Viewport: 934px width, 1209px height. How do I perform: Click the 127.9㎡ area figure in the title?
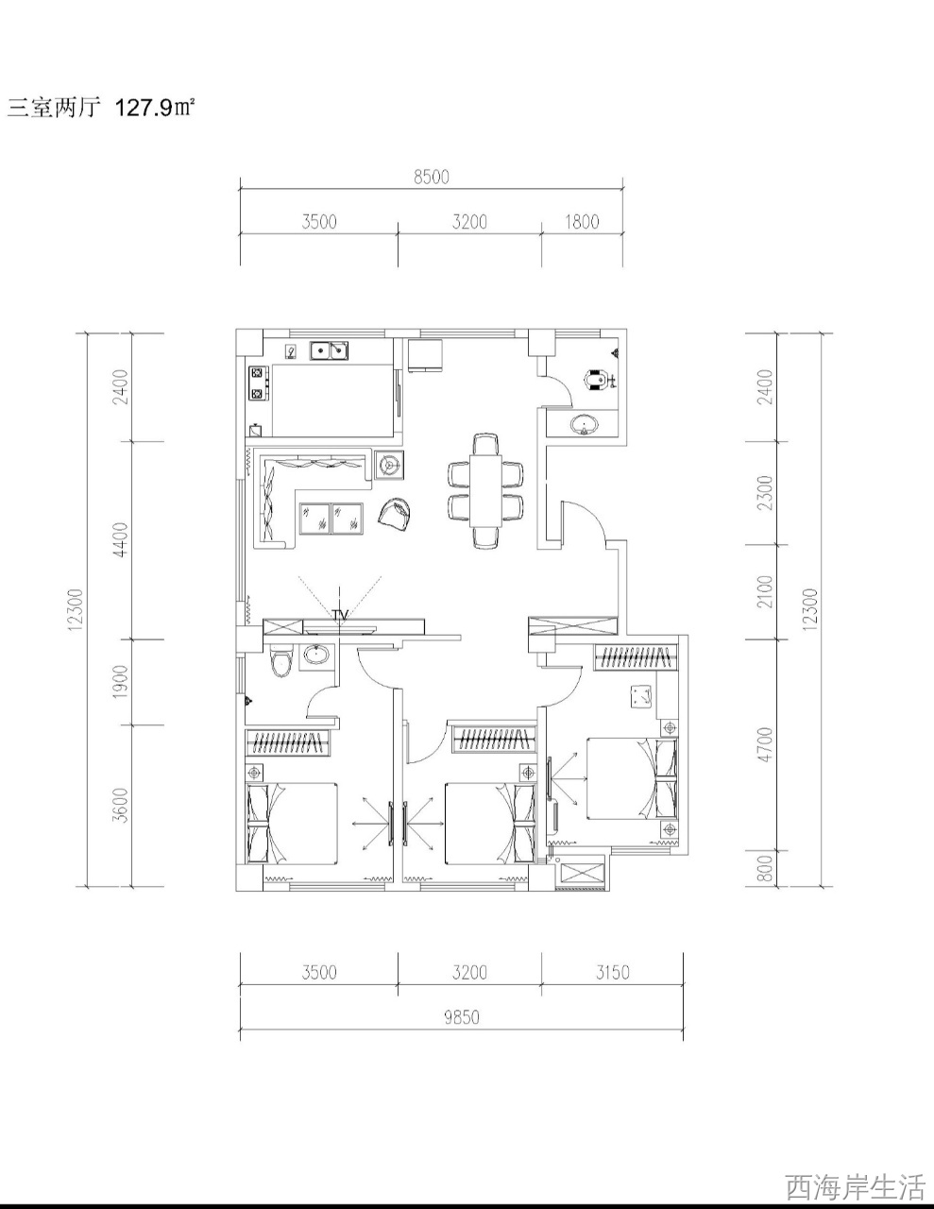click(155, 107)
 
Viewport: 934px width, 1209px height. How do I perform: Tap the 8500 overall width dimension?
click(432, 177)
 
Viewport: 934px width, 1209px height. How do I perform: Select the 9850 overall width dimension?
click(461, 1017)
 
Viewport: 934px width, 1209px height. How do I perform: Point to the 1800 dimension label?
click(582, 222)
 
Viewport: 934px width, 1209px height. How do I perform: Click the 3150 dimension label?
click(612, 973)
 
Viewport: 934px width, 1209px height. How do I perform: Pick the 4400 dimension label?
click(120, 539)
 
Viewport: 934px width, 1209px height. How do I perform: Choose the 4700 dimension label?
click(766, 744)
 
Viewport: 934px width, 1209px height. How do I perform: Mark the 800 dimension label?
click(766, 869)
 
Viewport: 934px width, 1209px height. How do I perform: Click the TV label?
click(340, 615)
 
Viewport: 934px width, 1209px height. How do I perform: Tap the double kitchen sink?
click(330, 351)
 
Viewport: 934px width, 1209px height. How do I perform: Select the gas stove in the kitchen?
click(259, 383)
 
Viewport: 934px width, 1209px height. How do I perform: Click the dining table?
click(485, 490)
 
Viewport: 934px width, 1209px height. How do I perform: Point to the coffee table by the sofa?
click(331, 518)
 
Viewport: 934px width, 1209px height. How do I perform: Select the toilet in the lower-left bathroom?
click(281, 660)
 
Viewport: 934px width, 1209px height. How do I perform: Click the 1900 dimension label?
click(120, 682)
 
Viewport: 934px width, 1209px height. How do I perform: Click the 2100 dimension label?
click(766, 591)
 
